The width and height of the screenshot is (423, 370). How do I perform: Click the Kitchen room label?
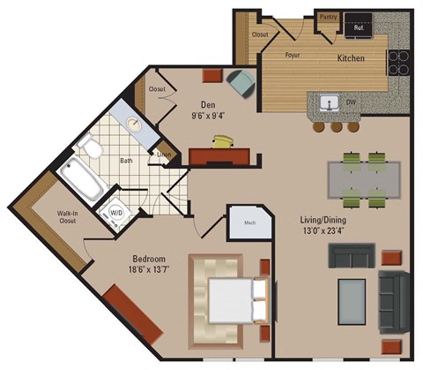tap(352, 58)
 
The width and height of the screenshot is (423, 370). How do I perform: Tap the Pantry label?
tap(329, 16)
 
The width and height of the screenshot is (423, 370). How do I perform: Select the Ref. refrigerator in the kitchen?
tap(360, 25)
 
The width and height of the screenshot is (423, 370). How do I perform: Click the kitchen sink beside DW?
tap(330, 103)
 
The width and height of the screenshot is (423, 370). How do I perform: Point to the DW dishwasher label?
tap(351, 103)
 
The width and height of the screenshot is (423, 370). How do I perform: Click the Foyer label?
tap(293, 54)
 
